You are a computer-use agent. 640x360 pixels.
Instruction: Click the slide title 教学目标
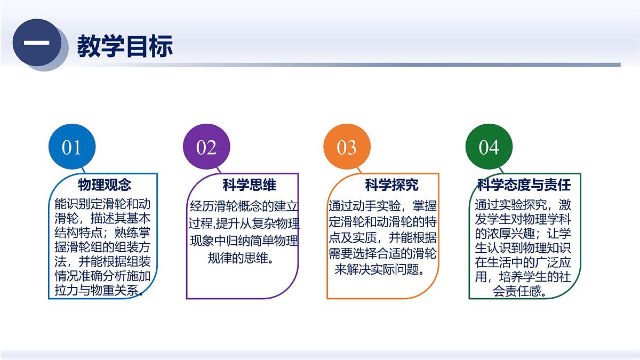pos(125,46)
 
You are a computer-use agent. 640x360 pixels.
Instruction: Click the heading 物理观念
pos(104,185)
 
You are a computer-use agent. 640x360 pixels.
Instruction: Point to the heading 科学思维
pos(249,185)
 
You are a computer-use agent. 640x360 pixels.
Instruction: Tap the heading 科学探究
pos(391,185)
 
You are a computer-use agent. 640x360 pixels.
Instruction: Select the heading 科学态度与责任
pos(524,185)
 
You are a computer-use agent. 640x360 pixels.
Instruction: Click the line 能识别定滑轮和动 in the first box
pos(102,204)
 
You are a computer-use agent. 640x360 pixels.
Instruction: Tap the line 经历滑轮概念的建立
pos(245,206)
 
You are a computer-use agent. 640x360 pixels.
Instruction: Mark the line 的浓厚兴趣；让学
pos(523,234)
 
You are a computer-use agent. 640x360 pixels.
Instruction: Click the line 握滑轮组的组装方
pos(102,247)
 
